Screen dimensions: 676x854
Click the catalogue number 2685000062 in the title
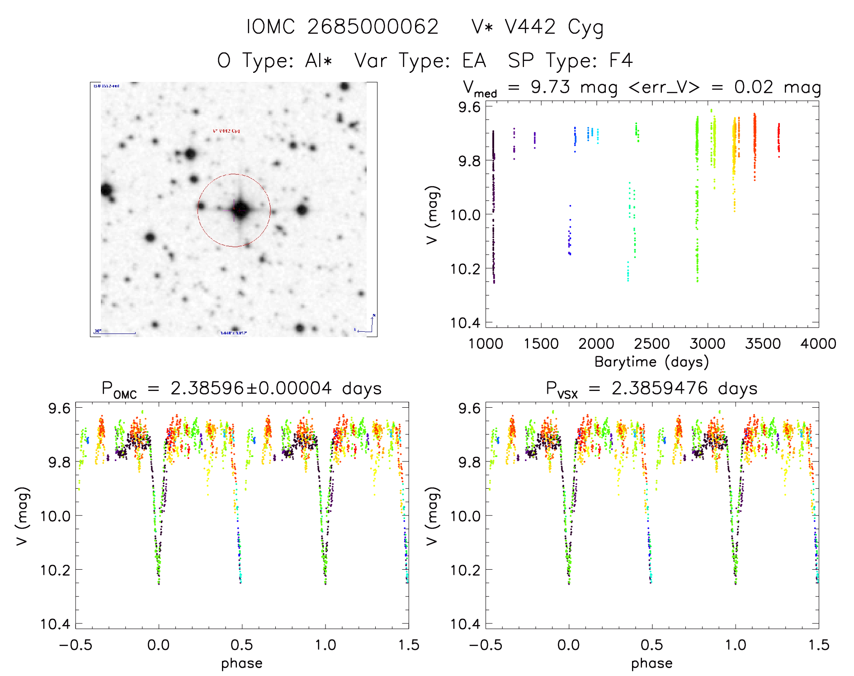click(x=373, y=27)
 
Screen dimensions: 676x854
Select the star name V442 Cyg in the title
click(x=553, y=27)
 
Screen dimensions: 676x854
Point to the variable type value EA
click(x=474, y=61)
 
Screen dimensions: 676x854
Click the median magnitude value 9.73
click(x=550, y=87)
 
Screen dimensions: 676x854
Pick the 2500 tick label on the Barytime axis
click(x=652, y=343)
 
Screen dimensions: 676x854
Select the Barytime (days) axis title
click(x=651, y=362)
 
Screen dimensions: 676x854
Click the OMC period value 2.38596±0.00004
click(x=251, y=389)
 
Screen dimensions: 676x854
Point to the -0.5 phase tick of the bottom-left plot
click(x=75, y=645)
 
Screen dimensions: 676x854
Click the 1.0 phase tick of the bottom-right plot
click(x=736, y=645)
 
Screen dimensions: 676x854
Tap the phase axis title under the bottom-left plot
click(x=242, y=663)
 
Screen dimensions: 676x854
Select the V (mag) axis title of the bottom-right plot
click(x=432, y=516)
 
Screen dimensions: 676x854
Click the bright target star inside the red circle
click(x=240, y=210)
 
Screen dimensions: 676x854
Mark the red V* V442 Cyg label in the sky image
click(x=226, y=131)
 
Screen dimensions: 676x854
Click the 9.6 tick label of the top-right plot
click(x=469, y=107)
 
